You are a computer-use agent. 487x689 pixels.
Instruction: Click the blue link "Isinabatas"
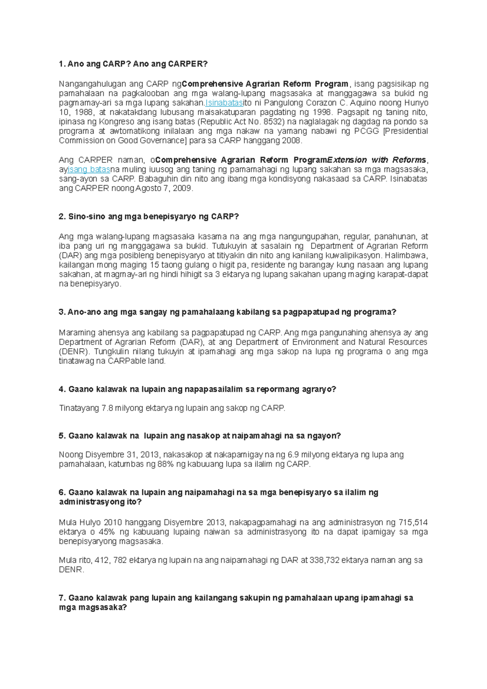[x=224, y=103]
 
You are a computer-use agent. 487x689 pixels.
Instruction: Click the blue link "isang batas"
[x=89, y=169]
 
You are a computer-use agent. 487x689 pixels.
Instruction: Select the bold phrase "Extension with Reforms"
[x=377, y=160]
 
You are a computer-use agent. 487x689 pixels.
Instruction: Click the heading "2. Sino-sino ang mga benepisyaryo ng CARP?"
[x=149, y=217]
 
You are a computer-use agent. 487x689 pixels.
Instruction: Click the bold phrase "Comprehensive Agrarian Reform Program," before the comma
[x=265, y=84]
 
